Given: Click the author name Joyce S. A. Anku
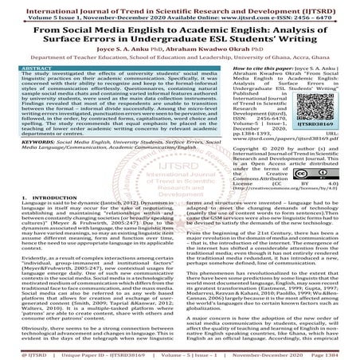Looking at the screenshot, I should click(119, 57).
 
